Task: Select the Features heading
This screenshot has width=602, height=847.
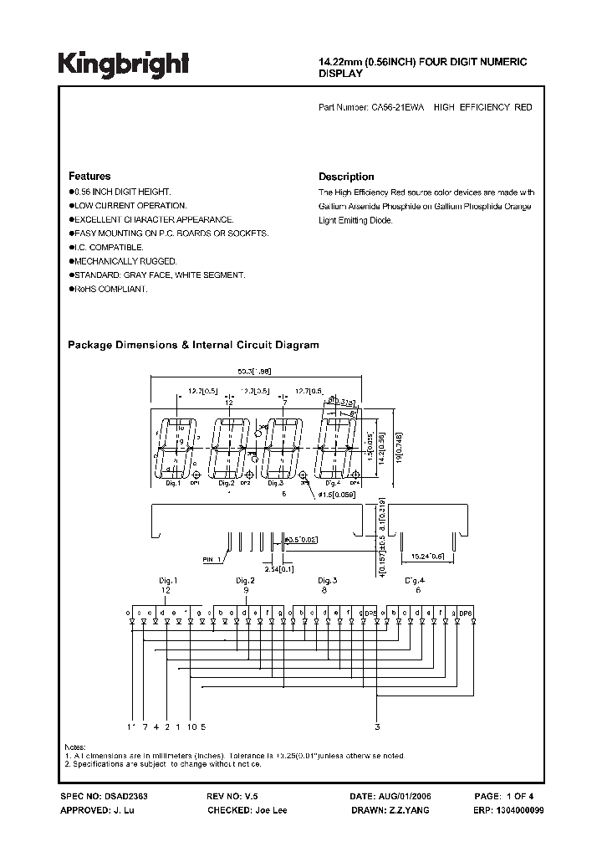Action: pos(89,177)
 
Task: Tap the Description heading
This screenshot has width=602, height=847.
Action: pos(346,177)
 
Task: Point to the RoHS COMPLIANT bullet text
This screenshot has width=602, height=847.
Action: pos(110,289)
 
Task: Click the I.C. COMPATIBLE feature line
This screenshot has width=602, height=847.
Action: pos(108,247)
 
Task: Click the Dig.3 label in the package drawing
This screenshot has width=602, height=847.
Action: pos(275,483)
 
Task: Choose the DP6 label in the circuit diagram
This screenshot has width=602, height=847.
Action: pos(466,614)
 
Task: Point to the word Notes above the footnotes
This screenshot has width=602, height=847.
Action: pos(75,747)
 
